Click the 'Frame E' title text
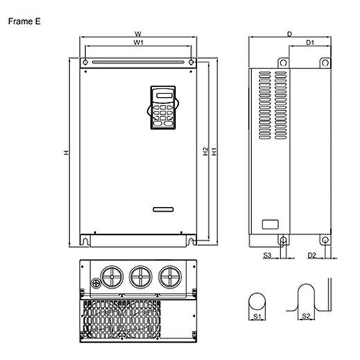(x=24, y=21)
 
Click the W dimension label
(x=138, y=34)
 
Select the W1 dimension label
(x=138, y=42)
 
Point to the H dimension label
(x=66, y=152)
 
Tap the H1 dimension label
(x=215, y=152)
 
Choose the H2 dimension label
(x=206, y=152)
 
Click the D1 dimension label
(x=310, y=43)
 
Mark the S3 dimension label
(x=267, y=255)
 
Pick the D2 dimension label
(x=312, y=255)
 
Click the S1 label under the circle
(x=257, y=316)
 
